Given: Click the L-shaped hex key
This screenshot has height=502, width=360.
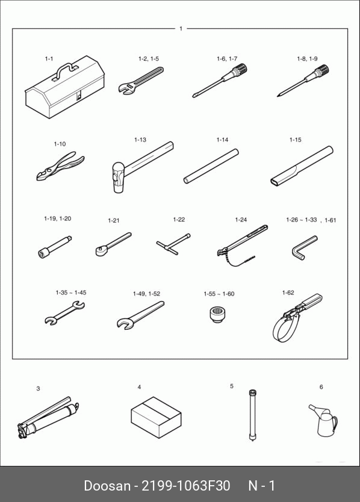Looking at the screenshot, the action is point(303,247).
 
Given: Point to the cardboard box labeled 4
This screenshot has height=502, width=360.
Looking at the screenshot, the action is point(156,417).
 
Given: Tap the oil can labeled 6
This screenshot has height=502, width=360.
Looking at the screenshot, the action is point(324,420).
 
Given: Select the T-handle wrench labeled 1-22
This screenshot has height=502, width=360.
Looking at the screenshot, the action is point(173,243).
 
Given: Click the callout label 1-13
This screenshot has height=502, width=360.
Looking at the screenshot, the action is point(140,140).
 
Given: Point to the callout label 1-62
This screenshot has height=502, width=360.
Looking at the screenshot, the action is point(288,293).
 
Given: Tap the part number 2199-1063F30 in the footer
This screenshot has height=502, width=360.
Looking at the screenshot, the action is point(186,486).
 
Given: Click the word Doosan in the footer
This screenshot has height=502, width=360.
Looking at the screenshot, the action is point(107,486).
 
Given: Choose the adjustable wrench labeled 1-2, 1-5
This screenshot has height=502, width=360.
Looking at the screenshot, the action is point(141,81).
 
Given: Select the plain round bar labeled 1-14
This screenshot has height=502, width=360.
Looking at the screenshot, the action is point(211,166).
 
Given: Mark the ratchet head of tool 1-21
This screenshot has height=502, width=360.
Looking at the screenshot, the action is point(101,250).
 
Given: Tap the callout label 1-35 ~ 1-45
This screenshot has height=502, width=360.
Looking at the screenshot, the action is point(71,293).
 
